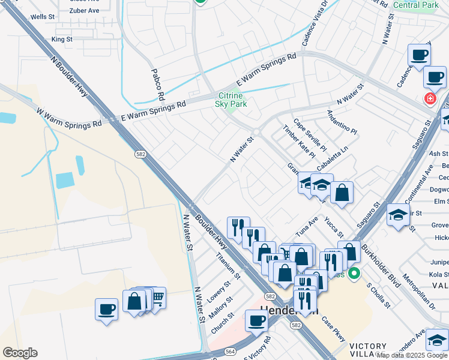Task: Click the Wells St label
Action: pyautogui.click(x=42, y=17)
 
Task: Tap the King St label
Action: pyautogui.click(x=62, y=39)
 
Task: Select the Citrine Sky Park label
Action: pyautogui.click(x=231, y=100)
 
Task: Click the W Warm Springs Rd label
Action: pyautogui.click(x=68, y=118)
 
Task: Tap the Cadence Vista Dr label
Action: pyautogui.click(x=316, y=23)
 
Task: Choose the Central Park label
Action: pyautogui.click(x=415, y=5)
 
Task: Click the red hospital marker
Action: pyautogui.click(x=430, y=98)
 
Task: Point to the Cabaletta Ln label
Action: pyautogui.click(x=333, y=157)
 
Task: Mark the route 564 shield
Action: pyautogui.click(x=230, y=352)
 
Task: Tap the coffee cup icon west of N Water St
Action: pyautogui.click(x=106, y=310)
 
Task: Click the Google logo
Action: pyautogui.click(x=20, y=353)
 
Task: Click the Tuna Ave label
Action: pyautogui.click(x=307, y=228)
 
